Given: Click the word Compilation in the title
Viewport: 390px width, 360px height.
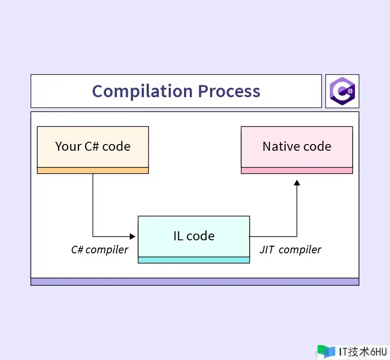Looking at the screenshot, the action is (x=143, y=92).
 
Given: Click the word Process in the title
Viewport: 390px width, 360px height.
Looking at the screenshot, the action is (x=229, y=91).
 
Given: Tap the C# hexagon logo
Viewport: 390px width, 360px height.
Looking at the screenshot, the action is (x=342, y=91).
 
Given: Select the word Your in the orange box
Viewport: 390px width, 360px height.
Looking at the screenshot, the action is (x=68, y=146).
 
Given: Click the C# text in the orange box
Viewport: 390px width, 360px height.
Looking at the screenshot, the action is (x=92, y=146).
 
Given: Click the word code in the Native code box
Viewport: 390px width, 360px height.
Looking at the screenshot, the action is (x=318, y=146).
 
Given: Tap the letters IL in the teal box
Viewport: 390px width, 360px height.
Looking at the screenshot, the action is (x=178, y=236).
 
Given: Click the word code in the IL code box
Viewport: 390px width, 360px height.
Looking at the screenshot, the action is (x=201, y=236).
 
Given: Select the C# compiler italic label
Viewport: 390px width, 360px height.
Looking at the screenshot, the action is (x=100, y=250).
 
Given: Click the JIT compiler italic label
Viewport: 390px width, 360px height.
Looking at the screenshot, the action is (x=290, y=250).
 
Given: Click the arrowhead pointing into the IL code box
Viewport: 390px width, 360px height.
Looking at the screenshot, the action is (x=133, y=236).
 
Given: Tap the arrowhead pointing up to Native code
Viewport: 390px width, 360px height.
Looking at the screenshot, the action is (x=297, y=183).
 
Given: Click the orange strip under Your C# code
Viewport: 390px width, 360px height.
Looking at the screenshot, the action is (x=93, y=171).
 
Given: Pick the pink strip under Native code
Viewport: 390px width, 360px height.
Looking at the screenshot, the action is (x=297, y=171).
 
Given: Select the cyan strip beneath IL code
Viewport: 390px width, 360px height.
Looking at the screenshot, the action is (x=194, y=260).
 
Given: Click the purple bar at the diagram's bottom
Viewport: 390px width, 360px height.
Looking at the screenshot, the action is (x=195, y=282).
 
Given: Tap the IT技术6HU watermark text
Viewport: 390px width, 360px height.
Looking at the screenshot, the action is (x=363, y=352).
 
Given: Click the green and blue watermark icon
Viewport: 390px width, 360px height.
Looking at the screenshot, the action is (x=326, y=351).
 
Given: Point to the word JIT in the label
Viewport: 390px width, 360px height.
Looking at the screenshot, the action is (x=267, y=250).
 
